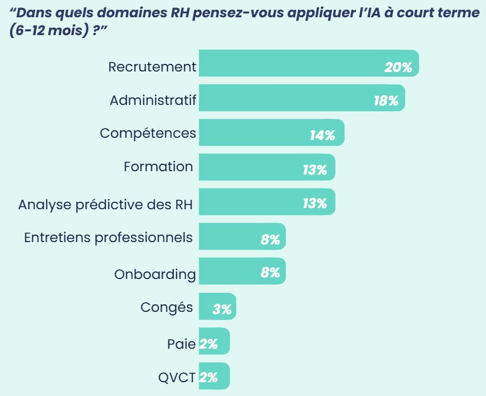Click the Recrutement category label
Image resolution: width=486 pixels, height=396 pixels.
point(152,67)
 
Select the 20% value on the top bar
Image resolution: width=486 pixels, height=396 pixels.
point(398,67)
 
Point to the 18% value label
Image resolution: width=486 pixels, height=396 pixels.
point(386,101)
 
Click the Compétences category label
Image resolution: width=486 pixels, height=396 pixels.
point(148,133)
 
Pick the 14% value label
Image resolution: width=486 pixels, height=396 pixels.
point(322,135)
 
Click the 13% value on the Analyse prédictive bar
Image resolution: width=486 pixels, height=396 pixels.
point(315,203)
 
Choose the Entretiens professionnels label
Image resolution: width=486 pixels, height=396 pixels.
point(108,237)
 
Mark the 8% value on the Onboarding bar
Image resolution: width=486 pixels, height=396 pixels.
point(270,273)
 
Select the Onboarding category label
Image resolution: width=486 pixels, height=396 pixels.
point(155,274)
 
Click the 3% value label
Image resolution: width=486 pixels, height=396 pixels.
point(222,310)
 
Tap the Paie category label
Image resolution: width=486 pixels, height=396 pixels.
point(181,344)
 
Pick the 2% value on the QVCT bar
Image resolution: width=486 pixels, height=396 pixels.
point(208,378)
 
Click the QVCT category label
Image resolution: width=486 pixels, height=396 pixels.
point(177,378)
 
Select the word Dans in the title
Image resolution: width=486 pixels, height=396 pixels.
point(36,13)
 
